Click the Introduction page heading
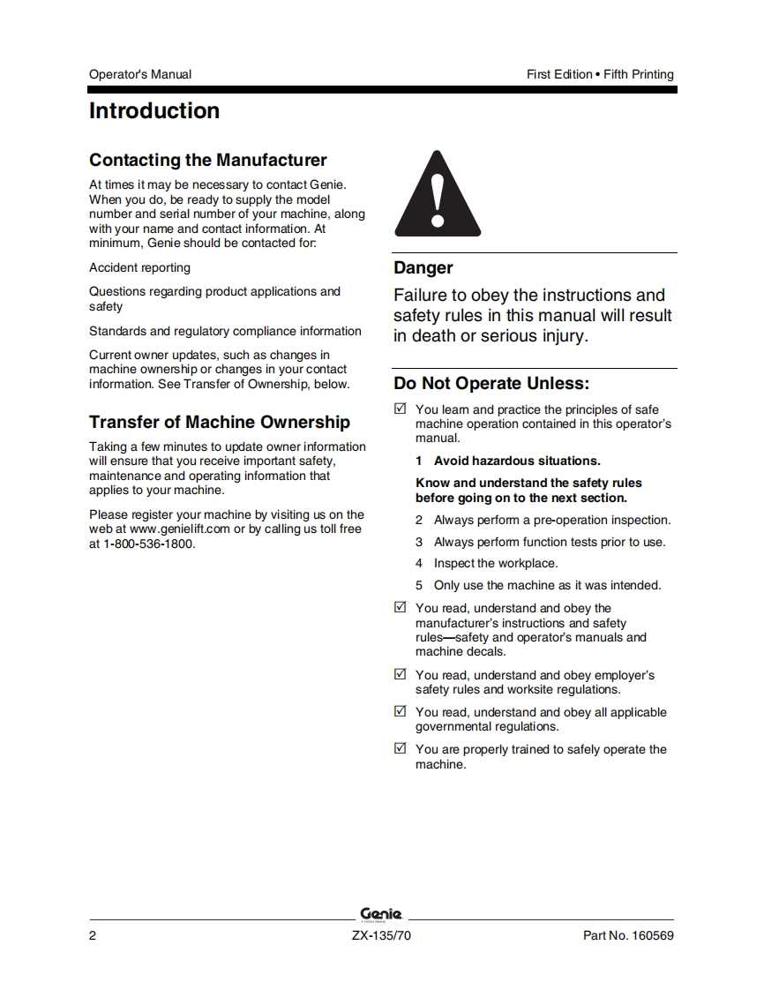pyautogui.click(x=154, y=111)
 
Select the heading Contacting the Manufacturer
pyautogui.click(x=208, y=161)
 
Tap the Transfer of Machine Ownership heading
pyautogui.click(x=220, y=423)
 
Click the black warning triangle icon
pyautogui.click(x=438, y=195)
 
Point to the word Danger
pyautogui.click(x=423, y=268)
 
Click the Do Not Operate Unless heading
pyautogui.click(x=491, y=384)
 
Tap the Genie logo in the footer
pyautogui.click(x=381, y=914)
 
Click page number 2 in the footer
pyautogui.click(x=93, y=936)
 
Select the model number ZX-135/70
pyautogui.click(x=381, y=936)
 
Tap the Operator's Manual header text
pyautogui.click(x=140, y=75)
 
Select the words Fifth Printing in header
pyautogui.click(x=639, y=75)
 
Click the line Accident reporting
pyautogui.click(x=139, y=268)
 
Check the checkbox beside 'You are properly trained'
pyautogui.click(x=401, y=749)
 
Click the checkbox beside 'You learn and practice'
pyautogui.click(x=401, y=409)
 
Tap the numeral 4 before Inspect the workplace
pyautogui.click(x=420, y=564)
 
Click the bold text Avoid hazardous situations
pyautogui.click(x=517, y=461)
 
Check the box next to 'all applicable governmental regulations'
pyautogui.click(x=401, y=712)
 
